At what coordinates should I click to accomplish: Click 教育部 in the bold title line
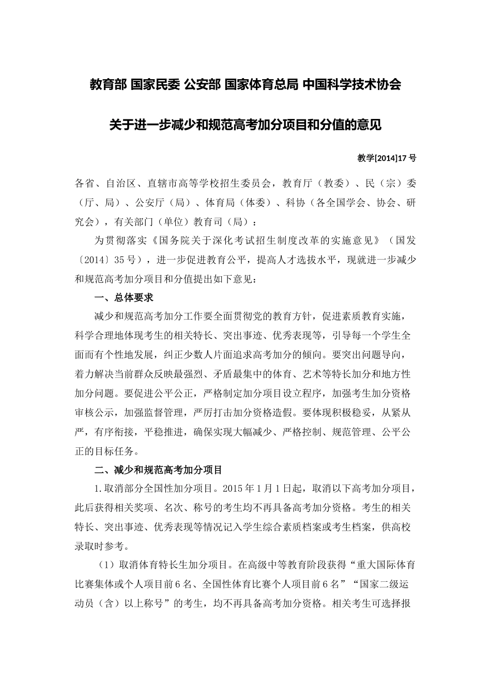point(107,84)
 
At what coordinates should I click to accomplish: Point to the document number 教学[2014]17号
point(387,158)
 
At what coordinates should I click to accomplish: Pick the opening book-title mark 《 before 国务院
point(157,241)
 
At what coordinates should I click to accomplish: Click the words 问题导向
point(382,355)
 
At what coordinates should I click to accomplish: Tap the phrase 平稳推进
point(164,432)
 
